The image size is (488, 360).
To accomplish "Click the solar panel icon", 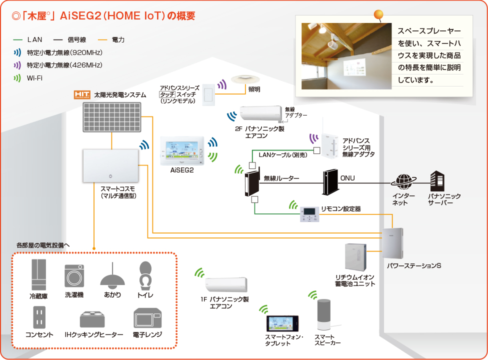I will click(112, 117).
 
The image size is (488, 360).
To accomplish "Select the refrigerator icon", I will click(38, 275).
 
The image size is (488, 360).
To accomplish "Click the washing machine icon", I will click(74, 275).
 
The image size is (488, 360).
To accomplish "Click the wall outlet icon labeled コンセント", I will click(39, 317).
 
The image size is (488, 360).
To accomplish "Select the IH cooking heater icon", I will click(93, 319).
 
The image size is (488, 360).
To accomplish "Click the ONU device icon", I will click(330, 182).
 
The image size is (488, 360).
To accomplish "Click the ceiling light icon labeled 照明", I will click(243, 79).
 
